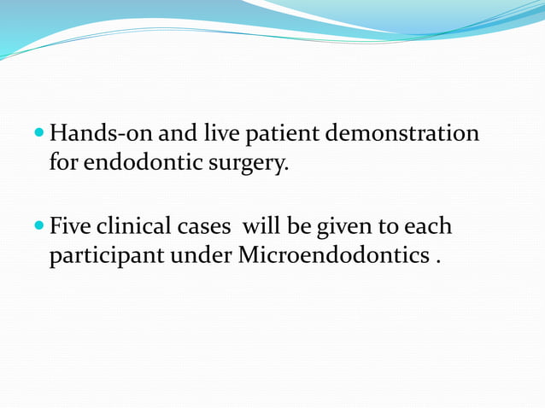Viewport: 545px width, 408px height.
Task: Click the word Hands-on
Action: pos(100,134)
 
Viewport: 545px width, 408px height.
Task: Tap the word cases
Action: pos(203,228)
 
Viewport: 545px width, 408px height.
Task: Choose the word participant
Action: pos(98,255)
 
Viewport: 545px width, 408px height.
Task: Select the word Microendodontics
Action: pos(328,254)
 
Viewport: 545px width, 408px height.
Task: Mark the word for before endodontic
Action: pos(62,161)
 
